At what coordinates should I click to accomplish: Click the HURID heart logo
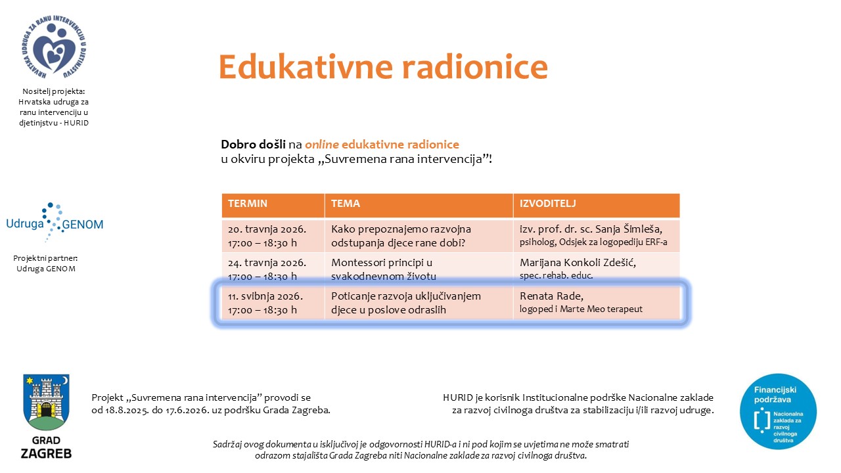click(x=54, y=47)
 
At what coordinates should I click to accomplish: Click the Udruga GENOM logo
click(x=55, y=222)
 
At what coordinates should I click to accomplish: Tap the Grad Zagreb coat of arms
click(x=46, y=402)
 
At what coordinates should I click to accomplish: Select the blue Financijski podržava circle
click(x=778, y=411)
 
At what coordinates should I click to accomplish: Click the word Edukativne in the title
click(x=306, y=67)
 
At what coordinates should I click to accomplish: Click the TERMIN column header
click(x=248, y=204)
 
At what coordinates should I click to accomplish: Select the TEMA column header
click(x=346, y=204)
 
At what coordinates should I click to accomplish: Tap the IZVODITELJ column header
click(x=547, y=204)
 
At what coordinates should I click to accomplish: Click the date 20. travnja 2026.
click(x=267, y=229)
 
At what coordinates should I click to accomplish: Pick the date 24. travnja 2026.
click(x=267, y=262)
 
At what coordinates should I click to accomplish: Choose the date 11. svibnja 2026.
click(x=265, y=296)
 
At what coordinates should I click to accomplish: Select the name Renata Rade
click(x=551, y=296)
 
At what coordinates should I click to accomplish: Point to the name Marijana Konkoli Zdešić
click(x=578, y=262)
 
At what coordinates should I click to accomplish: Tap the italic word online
click(x=322, y=144)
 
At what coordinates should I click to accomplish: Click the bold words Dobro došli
click(x=253, y=144)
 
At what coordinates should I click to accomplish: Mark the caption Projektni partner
click(x=45, y=258)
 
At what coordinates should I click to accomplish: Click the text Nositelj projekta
click(x=54, y=91)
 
